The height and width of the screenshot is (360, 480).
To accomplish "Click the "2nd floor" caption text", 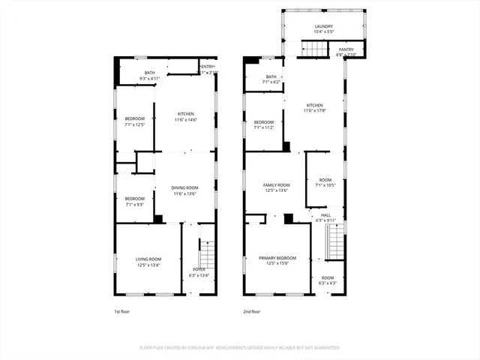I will pyautogui.click(x=251, y=311).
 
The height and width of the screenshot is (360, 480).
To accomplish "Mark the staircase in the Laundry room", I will pyautogui.click(x=314, y=49).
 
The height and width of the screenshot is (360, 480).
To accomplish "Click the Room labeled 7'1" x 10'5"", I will pyautogui.click(x=325, y=182).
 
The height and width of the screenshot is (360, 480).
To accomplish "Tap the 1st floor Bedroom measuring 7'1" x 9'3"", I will pyautogui.click(x=134, y=201).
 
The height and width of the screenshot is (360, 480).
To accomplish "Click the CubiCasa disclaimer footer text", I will pyautogui.click(x=239, y=348).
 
